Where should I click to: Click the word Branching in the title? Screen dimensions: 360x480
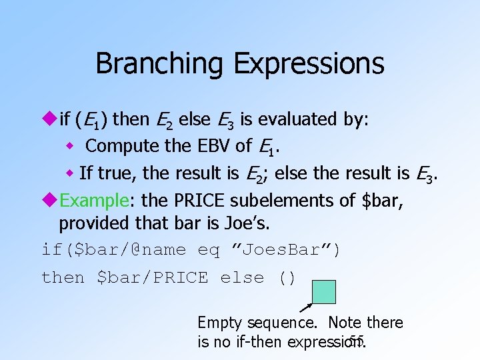[x=161, y=64]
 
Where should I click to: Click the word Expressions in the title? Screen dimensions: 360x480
[x=309, y=64]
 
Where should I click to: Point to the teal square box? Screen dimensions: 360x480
[x=324, y=292]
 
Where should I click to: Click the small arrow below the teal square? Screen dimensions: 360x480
[x=306, y=307]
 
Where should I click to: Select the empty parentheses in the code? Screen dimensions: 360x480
[x=286, y=277]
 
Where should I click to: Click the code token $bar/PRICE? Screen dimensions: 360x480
[x=152, y=277]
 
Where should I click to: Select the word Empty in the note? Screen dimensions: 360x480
[x=221, y=323]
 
